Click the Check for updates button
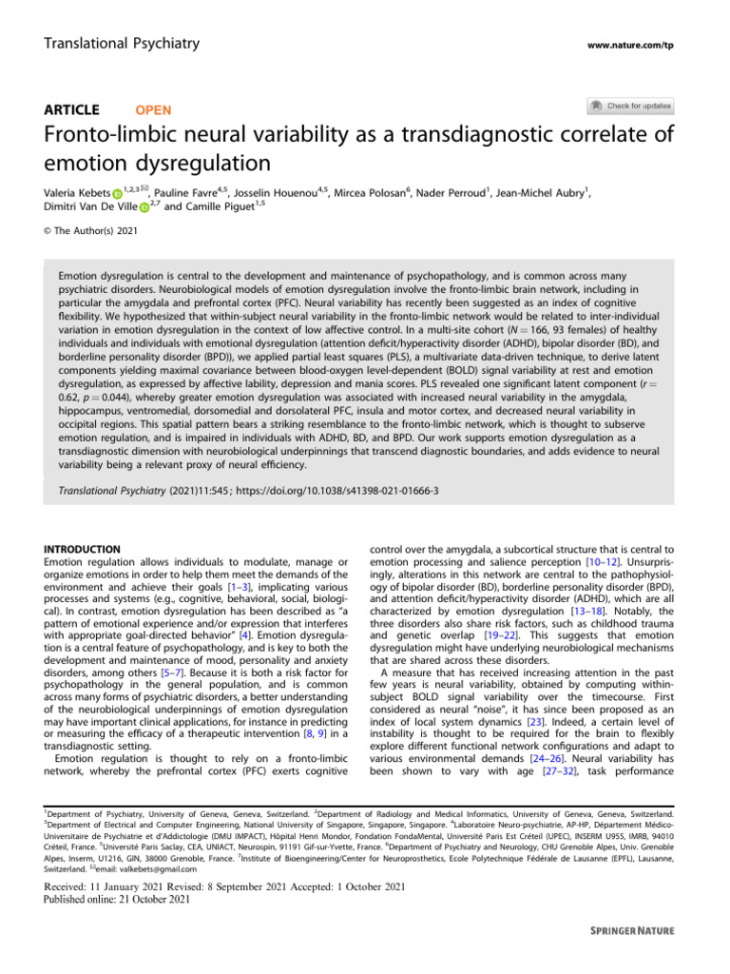(x=631, y=106)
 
